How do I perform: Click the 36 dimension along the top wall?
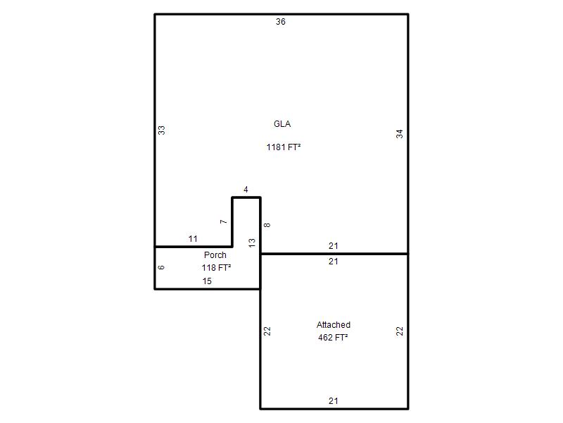point(280,22)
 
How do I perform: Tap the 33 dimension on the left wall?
point(162,130)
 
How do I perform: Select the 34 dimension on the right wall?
point(400,134)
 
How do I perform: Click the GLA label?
point(282,124)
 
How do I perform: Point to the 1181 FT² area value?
point(284,147)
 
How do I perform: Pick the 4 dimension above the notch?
point(246,190)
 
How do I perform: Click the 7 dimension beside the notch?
point(224,221)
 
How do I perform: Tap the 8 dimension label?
point(267,225)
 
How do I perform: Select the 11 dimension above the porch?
point(193,239)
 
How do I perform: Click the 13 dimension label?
point(252,243)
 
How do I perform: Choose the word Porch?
point(215,255)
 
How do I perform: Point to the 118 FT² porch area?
point(216,268)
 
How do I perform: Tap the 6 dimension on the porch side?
point(162,267)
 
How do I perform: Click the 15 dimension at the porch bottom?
point(207,281)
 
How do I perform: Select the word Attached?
point(333,325)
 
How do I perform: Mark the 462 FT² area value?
point(333,338)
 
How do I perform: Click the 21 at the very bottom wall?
point(333,401)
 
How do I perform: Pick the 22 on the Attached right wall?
point(400,331)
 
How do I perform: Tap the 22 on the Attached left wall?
point(267,331)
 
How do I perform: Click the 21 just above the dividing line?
point(333,246)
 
